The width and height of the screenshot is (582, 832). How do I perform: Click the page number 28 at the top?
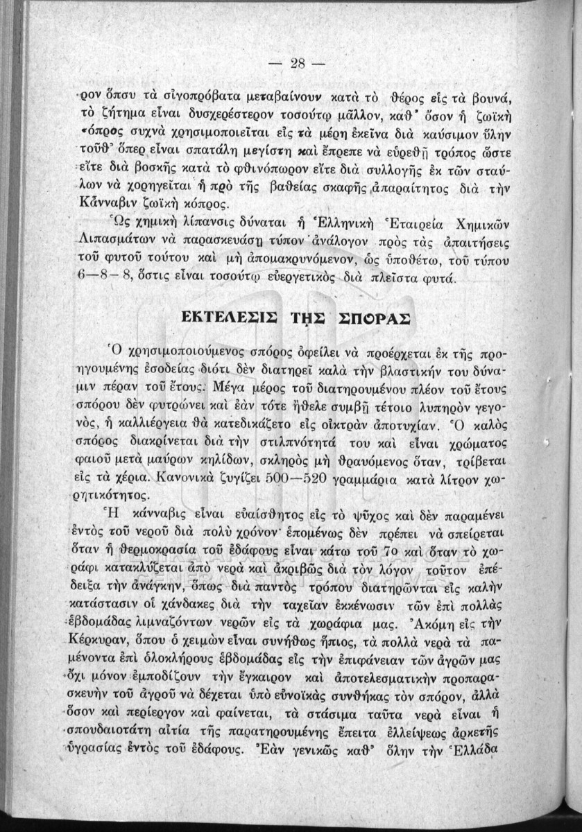coord(298,63)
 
